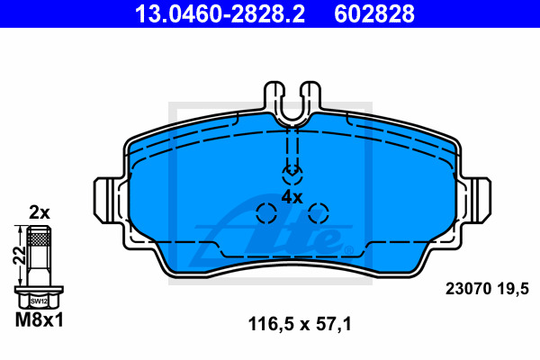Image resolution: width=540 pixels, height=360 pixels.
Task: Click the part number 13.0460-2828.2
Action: click(220, 13)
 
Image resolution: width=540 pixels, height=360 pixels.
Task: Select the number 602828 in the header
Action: click(374, 13)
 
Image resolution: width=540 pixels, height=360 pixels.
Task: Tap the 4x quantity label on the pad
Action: click(292, 198)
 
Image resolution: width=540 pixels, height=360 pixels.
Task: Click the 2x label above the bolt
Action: click(40, 213)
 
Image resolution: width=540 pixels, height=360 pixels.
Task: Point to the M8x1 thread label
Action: click(40, 320)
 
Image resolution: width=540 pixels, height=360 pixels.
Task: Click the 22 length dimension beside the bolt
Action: click(19, 256)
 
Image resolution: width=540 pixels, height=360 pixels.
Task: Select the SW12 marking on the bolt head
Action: click(39, 301)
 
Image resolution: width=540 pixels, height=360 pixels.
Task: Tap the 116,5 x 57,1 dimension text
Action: click(300, 325)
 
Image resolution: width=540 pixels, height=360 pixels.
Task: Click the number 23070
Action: click(468, 289)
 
